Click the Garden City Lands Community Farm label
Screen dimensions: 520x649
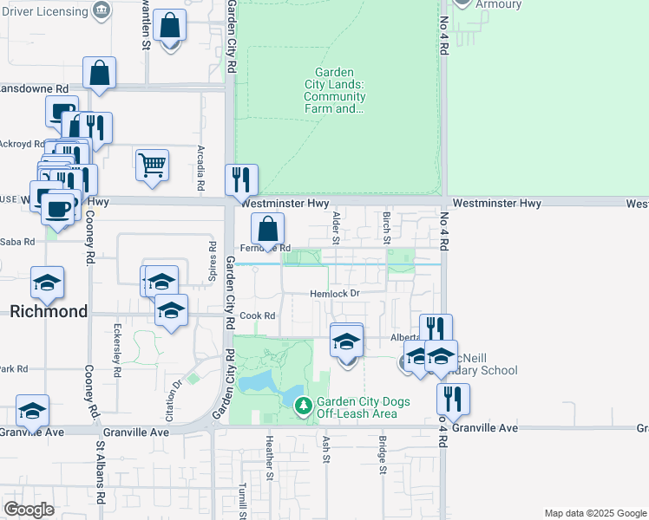coord(335,91)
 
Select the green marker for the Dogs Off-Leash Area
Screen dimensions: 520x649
coord(303,405)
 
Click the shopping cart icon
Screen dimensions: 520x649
coord(152,164)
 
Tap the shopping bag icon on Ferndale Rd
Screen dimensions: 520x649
coord(268,230)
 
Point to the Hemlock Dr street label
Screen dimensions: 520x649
coord(335,295)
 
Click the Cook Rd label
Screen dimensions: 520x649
coord(258,316)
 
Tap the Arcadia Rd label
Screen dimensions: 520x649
coord(200,168)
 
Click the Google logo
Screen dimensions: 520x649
coord(29,510)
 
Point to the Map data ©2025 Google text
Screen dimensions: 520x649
coord(594,513)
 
